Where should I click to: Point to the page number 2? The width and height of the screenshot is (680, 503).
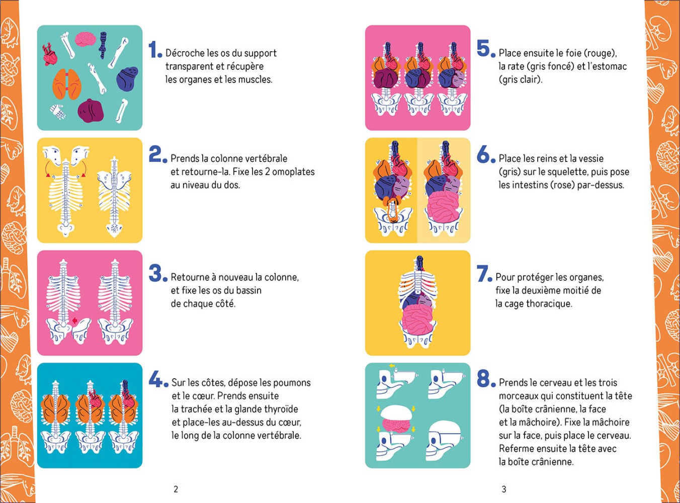[x=176, y=489]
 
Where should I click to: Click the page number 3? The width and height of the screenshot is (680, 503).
[x=504, y=489]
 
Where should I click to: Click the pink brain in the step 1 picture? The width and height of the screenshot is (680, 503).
[x=86, y=39]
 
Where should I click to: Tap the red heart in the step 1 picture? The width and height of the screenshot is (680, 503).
[x=50, y=55]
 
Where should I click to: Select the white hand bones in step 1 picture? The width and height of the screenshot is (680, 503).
[x=58, y=112]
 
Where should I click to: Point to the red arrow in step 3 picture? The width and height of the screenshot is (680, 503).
[x=74, y=320]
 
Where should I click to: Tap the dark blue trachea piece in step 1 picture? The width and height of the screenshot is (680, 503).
[x=103, y=45]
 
